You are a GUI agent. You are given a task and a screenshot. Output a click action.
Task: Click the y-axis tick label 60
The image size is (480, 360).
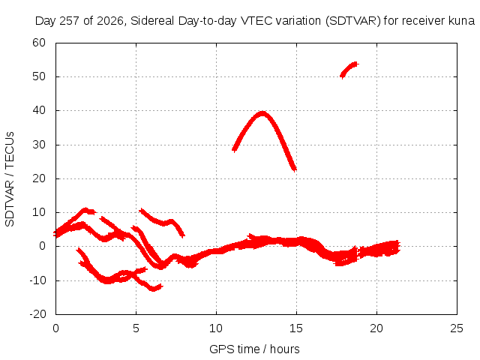(39, 43)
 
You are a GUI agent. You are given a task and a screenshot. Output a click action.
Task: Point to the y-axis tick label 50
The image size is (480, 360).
(39, 76)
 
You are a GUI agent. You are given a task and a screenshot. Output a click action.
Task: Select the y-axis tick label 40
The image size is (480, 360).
(39, 110)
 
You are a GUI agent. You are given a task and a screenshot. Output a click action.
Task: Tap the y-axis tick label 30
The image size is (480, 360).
(39, 145)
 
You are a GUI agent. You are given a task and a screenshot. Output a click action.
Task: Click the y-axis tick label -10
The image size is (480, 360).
(37, 280)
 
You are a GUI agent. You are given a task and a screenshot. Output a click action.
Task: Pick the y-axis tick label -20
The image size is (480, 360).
(37, 314)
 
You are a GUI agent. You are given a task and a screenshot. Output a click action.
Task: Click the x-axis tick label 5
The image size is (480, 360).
(136, 328)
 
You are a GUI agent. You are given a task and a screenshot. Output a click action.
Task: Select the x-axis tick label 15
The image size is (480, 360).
(296, 328)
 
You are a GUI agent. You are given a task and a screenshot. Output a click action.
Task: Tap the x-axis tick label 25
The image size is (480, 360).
(457, 328)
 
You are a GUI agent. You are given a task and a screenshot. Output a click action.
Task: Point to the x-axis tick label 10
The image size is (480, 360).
(216, 328)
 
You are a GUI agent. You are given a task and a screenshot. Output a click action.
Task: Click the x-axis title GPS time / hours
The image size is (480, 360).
(254, 349)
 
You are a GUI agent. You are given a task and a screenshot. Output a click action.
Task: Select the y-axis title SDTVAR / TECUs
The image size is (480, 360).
(10, 179)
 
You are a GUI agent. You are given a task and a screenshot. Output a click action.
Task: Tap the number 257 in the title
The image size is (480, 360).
(70, 21)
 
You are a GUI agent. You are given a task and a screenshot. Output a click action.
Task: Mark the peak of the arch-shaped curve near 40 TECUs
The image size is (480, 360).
(262, 113)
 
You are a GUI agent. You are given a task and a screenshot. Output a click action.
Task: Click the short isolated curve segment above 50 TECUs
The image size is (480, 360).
(349, 70)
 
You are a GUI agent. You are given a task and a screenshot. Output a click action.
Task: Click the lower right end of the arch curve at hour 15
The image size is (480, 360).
(295, 169)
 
